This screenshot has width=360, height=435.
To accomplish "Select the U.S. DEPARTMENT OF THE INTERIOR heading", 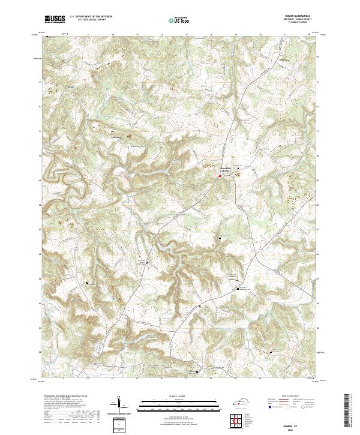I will pyautogui.click(x=91, y=17).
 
